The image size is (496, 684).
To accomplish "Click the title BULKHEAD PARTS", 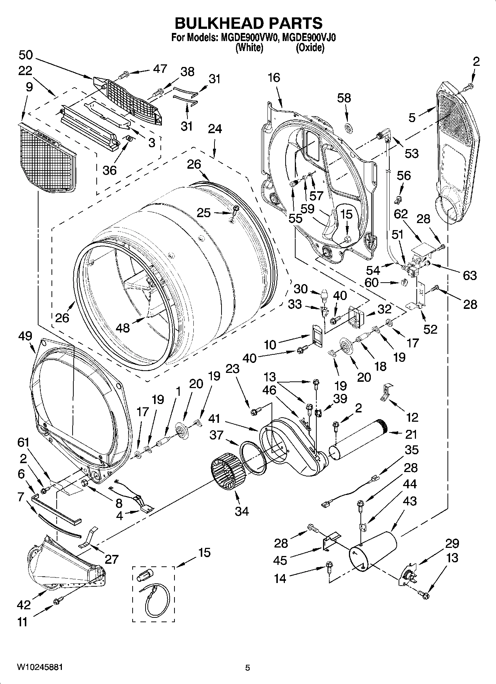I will [x=248, y=23].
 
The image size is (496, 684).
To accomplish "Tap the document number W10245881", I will [x=39, y=667].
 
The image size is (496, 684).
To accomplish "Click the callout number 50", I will [x=26, y=55].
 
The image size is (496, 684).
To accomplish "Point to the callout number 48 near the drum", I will [x=123, y=327].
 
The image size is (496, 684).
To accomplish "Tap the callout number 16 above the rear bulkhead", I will [x=274, y=78].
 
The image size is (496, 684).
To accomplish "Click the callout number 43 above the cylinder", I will [x=409, y=501].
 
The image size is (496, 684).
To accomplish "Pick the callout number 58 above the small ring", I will [x=344, y=98].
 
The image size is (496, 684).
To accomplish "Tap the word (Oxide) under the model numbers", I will [x=310, y=48].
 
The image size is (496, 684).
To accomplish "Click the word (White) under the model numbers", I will [x=249, y=48].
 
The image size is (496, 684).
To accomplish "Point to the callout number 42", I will [x=23, y=605].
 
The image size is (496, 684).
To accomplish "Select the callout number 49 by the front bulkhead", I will [x=25, y=336].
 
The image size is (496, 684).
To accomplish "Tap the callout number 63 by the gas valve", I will [x=469, y=275].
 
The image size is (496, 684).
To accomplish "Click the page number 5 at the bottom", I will [x=248, y=668].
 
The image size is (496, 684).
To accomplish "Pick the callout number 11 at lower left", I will [x=23, y=622].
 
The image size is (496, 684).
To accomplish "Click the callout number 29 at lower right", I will [x=452, y=543].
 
